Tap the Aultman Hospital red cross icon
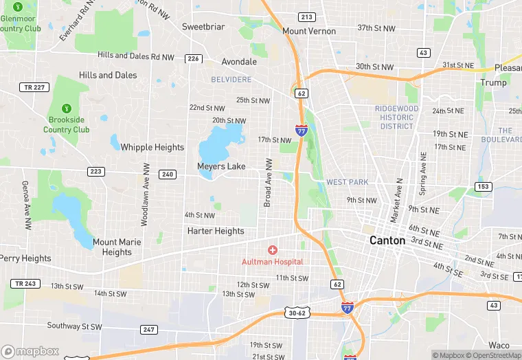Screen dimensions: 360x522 [273, 250]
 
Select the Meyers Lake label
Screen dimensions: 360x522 [221, 166]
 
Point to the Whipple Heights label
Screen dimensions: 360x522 [152, 147]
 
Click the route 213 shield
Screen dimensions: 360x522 [307, 17]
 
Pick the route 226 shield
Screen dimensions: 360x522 [193, 59]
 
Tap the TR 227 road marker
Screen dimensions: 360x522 [28, 87]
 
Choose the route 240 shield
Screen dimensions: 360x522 [167, 175]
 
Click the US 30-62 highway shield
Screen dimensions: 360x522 [297, 313]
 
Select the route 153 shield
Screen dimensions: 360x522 [484, 187]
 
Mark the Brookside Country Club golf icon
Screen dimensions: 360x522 [67, 108]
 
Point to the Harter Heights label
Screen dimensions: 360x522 [216, 231]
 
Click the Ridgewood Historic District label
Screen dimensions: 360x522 [396, 117]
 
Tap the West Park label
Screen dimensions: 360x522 [347, 182]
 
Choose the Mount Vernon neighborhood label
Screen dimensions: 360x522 [309, 31]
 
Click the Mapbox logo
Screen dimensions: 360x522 [30, 351]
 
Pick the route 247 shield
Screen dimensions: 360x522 [149, 330]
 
